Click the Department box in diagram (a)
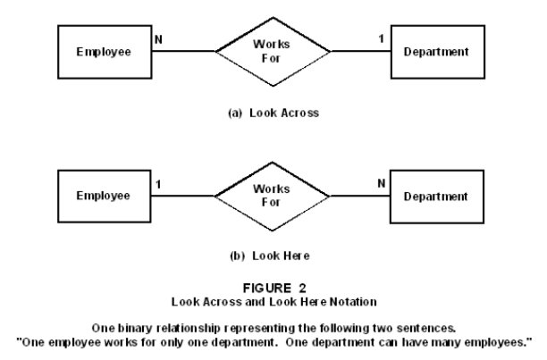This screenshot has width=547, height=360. (x=436, y=52)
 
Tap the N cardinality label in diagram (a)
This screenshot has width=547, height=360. (x=157, y=40)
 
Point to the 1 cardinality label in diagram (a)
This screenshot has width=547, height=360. (x=381, y=40)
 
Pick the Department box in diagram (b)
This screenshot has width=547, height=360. (x=436, y=196)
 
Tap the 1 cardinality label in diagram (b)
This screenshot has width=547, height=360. (x=157, y=185)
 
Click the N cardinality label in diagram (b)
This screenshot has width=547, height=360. (x=382, y=185)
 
